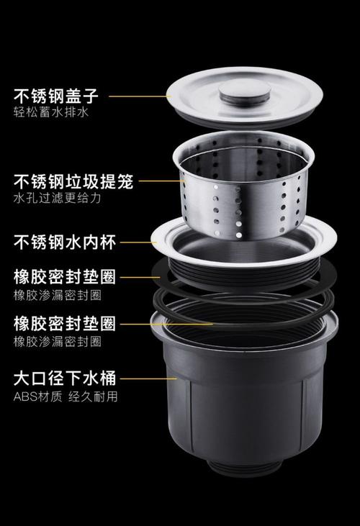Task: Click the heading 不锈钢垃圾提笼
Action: click(x=71, y=181)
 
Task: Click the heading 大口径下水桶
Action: click(x=63, y=378)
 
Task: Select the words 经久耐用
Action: click(x=93, y=396)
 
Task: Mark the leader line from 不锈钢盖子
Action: click(x=144, y=94)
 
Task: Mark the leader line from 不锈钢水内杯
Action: click(x=137, y=242)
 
